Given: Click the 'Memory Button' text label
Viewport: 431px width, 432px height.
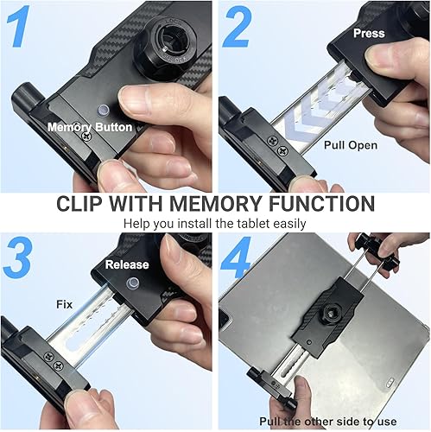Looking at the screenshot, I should click(90, 127).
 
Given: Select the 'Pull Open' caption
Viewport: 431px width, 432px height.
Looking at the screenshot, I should click(350, 145).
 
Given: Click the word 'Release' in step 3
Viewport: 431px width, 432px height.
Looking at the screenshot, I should click(127, 264).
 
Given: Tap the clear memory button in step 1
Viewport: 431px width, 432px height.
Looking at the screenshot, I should click(102, 112).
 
